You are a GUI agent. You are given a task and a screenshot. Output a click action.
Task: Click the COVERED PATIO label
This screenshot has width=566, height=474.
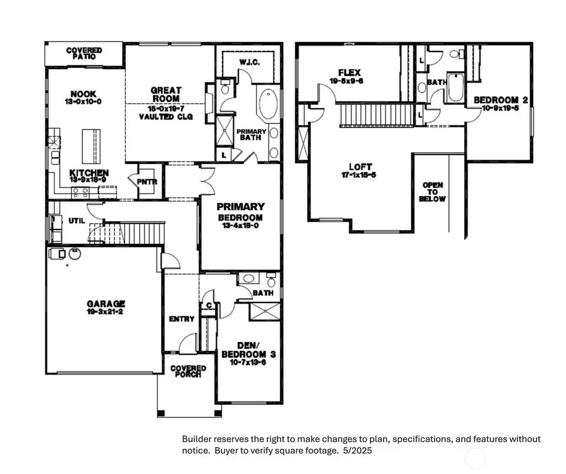click(x=84, y=53)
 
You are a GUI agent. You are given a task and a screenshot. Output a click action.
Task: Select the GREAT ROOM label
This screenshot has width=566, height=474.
click(x=165, y=94)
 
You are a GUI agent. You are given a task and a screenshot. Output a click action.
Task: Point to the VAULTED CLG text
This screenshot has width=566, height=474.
click(x=165, y=117)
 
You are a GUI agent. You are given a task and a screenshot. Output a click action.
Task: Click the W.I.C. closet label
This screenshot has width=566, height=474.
click(x=249, y=62)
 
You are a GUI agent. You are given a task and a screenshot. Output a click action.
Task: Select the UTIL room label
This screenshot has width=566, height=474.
click(x=76, y=221)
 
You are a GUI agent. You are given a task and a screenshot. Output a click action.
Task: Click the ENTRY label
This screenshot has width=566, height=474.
click(x=182, y=319)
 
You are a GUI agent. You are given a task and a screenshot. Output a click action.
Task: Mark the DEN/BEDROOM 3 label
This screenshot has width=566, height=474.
click(x=248, y=350)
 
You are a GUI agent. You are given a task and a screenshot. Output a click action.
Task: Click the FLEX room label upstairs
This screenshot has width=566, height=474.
click(x=346, y=72)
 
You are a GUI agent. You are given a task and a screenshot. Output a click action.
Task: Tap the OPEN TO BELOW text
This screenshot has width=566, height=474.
click(x=433, y=192)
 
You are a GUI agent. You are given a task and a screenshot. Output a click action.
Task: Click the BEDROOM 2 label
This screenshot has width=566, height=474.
click(x=496, y=100)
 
